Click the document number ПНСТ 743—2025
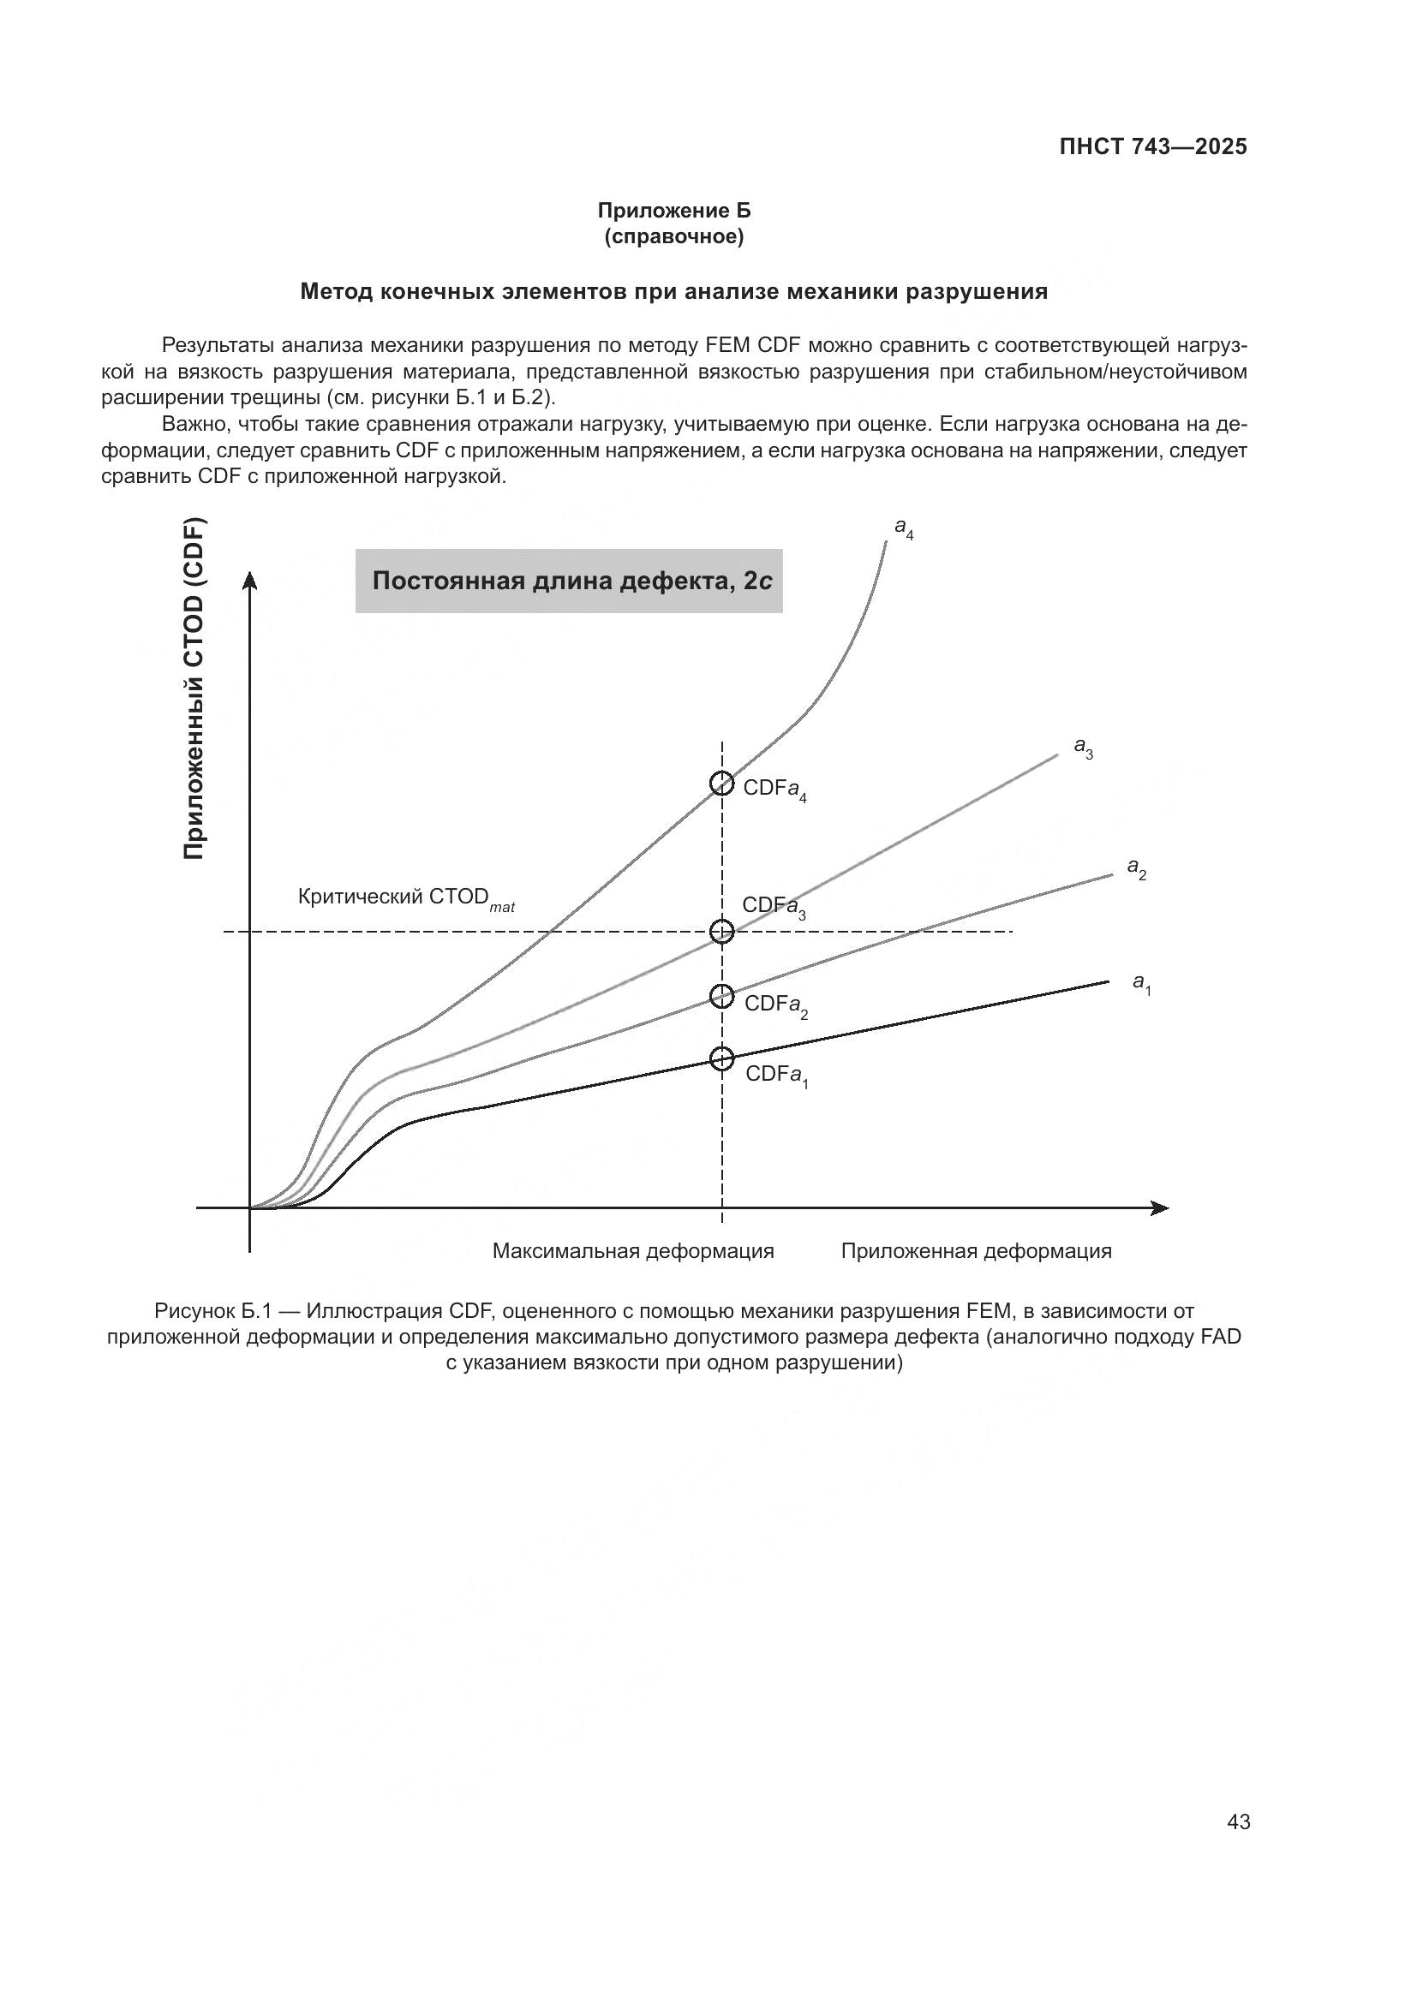click(x=1152, y=146)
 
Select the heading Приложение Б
click(x=673, y=211)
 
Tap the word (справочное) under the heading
click(x=673, y=236)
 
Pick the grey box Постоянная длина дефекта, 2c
click(x=568, y=581)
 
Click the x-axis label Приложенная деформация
click(x=976, y=1251)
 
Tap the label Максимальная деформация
click(x=632, y=1251)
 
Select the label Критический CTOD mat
click(x=406, y=897)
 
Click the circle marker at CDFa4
click(x=721, y=784)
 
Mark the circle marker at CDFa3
click(x=721, y=932)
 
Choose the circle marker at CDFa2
click(x=721, y=995)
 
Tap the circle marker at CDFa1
click(x=721, y=1059)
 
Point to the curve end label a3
click(x=1083, y=747)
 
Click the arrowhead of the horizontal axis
click(x=1161, y=1208)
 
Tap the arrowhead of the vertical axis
click(x=250, y=580)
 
